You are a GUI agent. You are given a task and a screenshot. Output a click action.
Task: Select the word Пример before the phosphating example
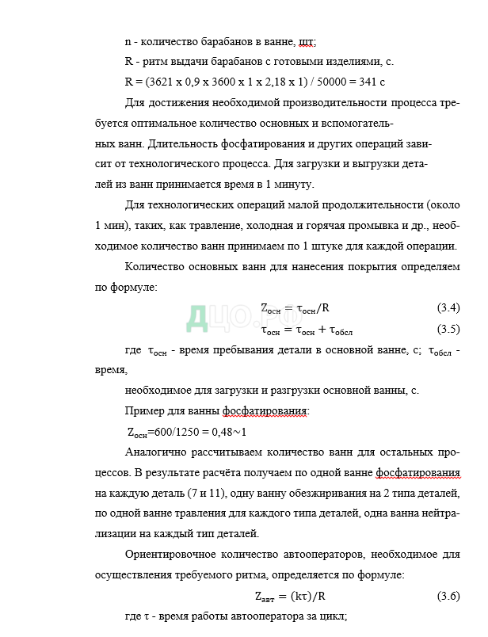(147, 410)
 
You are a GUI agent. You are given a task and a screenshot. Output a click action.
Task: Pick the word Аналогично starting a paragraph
(159, 452)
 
